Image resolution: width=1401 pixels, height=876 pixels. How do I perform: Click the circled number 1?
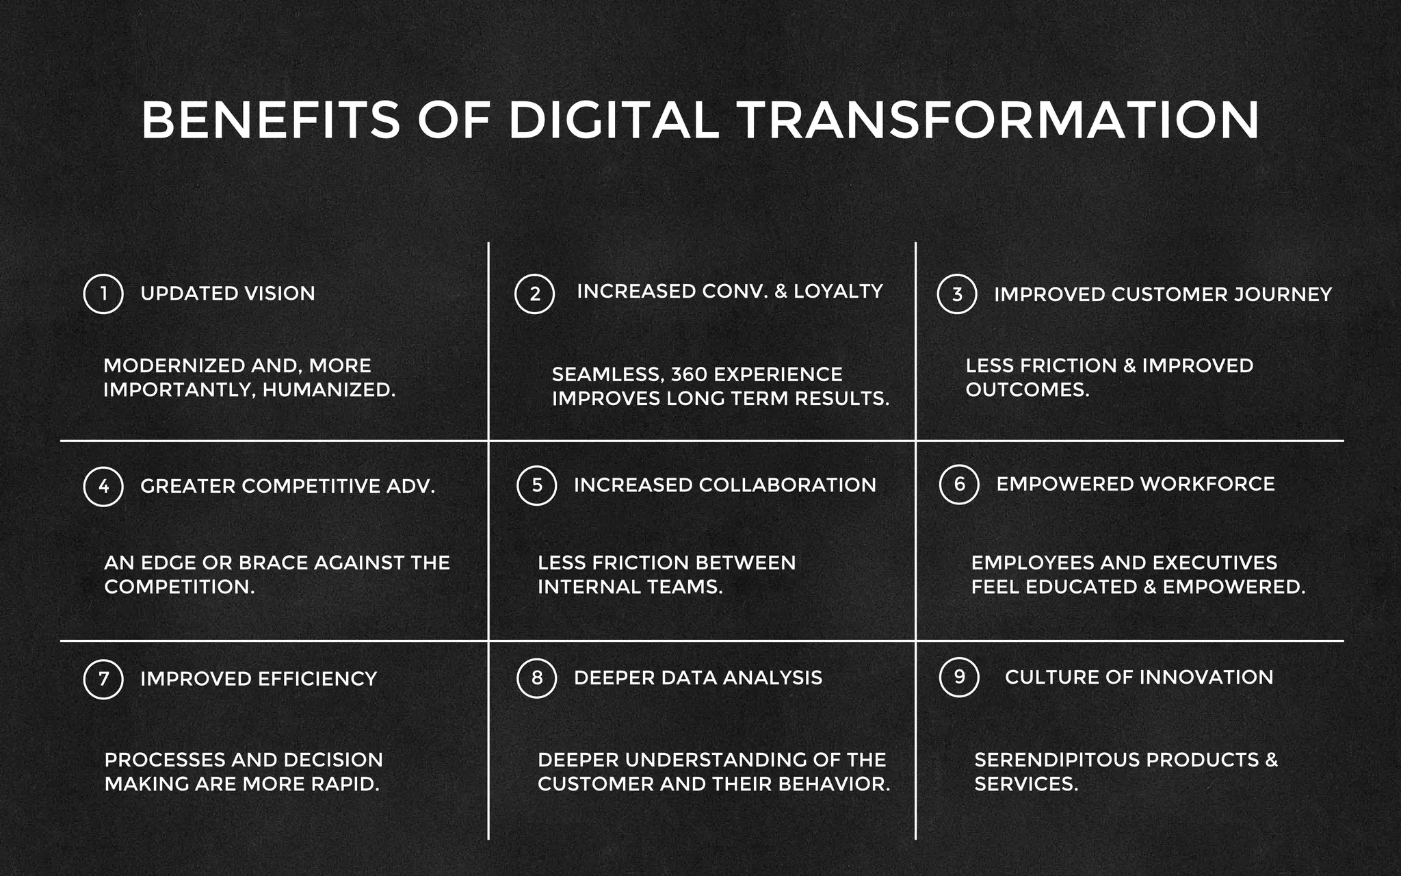103,294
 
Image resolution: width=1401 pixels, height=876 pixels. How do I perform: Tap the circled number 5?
537,486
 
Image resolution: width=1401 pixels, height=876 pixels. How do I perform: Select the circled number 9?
959,678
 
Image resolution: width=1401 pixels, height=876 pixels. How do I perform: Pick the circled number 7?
103,679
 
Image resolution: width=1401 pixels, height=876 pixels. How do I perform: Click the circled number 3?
957,294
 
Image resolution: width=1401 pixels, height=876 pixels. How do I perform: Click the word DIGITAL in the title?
614,120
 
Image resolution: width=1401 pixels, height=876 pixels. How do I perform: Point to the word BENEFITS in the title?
270,120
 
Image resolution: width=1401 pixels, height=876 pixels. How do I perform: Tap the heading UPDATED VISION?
228,294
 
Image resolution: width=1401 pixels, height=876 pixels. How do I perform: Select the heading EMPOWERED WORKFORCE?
1136,484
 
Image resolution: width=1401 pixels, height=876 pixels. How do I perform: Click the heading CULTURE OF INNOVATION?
1139,677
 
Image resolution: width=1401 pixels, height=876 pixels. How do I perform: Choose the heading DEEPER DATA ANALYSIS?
698,678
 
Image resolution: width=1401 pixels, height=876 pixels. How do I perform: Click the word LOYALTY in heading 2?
838,292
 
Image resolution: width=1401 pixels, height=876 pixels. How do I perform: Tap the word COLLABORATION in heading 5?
787,485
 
